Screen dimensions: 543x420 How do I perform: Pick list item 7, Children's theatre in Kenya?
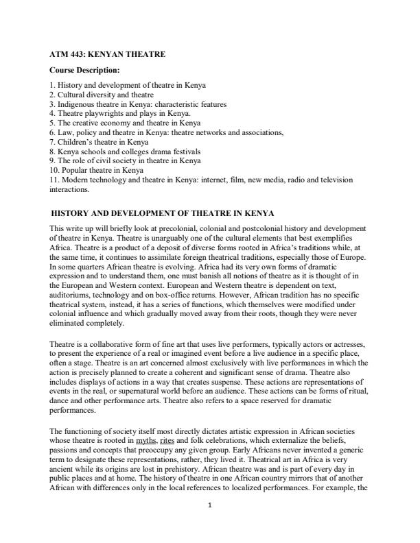point(99,142)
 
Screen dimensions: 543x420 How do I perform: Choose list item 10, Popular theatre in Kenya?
point(97,170)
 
